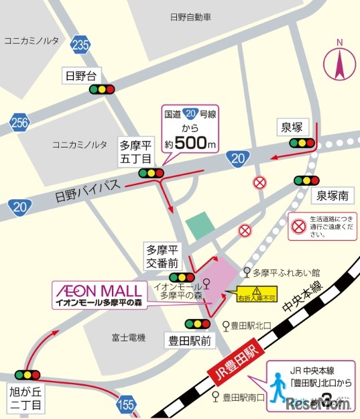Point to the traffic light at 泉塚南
point(306,180)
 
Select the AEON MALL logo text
point(98,290)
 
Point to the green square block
point(198,225)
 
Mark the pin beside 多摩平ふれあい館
point(247,272)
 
